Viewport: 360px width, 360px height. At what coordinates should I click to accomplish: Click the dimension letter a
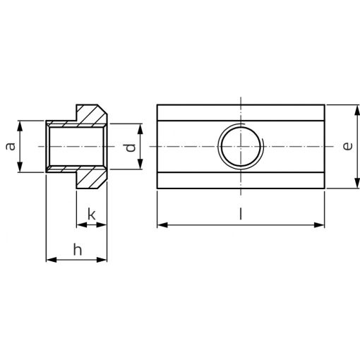(x=11, y=146)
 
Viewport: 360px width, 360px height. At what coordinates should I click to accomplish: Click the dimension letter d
(x=131, y=147)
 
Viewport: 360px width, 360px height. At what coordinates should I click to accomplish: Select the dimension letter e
(x=347, y=146)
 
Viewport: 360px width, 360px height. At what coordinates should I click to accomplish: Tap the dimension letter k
(x=92, y=214)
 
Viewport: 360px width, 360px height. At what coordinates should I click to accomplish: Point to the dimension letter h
(x=78, y=250)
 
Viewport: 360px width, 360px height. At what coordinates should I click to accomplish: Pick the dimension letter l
(x=240, y=214)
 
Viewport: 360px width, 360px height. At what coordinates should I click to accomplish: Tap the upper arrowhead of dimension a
(x=20, y=126)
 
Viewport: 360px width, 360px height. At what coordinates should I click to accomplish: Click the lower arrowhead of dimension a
(x=20, y=167)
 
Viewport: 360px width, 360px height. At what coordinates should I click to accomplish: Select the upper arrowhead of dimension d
(x=140, y=129)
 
